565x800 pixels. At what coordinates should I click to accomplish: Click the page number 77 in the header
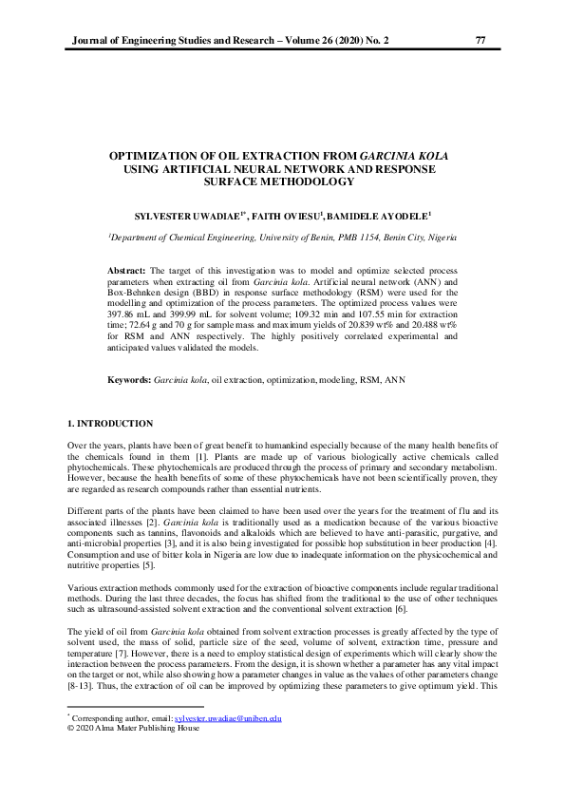click(x=479, y=40)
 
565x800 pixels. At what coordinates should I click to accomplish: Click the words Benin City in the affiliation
click(x=415, y=236)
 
